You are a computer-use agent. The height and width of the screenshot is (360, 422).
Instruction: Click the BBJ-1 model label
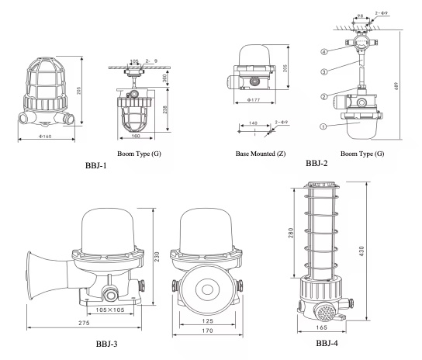point(96,165)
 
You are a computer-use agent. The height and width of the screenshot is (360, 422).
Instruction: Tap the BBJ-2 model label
point(316,163)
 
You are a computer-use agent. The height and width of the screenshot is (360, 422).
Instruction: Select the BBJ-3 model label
point(106,344)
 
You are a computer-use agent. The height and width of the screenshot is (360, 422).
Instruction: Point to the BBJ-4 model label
point(327,343)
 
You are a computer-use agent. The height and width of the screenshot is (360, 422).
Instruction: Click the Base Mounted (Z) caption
point(261,154)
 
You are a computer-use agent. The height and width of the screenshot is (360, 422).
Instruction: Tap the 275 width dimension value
point(84,323)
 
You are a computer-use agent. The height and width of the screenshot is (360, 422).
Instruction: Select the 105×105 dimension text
point(110,310)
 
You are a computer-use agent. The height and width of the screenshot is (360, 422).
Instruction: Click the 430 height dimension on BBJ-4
point(361,251)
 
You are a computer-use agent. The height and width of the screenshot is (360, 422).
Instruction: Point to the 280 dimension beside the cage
point(291,234)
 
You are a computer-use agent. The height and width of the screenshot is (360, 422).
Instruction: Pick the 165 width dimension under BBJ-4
point(321,327)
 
